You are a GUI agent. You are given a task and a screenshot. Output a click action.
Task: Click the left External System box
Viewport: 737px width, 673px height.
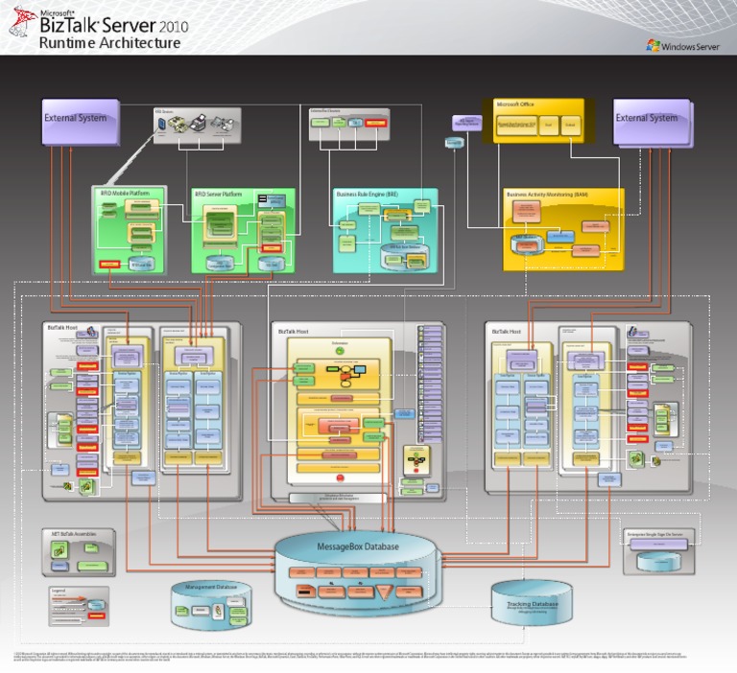[x=81, y=120]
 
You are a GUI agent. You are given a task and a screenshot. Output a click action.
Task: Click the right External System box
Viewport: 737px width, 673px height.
[x=651, y=120]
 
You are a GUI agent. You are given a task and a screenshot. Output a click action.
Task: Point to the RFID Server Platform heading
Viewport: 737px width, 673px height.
[x=218, y=194]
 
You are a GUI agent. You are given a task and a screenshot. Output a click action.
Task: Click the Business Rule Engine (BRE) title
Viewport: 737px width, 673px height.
[x=366, y=194]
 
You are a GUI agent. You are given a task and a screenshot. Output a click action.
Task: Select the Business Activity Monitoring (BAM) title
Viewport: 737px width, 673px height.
[x=547, y=194]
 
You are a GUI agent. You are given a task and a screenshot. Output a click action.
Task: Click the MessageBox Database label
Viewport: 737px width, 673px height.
[x=357, y=546]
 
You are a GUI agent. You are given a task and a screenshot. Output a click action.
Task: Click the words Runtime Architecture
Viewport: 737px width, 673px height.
[x=109, y=43]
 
